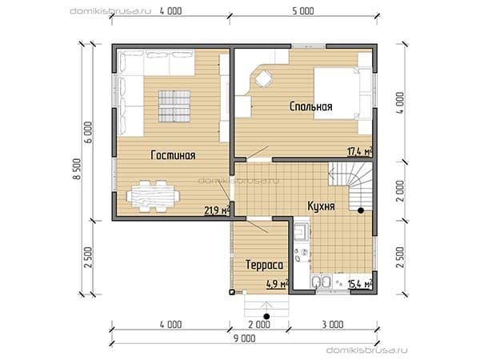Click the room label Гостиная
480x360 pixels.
pyautogui.click(x=173, y=155)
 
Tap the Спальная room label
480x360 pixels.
pyautogui.click(x=310, y=106)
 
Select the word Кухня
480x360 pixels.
pyautogui.click(x=321, y=206)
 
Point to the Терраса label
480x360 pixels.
pyautogui.click(x=265, y=265)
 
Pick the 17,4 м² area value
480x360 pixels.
pyautogui.click(x=360, y=151)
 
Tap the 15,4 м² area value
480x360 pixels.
pyautogui.click(x=360, y=284)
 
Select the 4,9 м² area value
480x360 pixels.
pyautogui.click(x=278, y=284)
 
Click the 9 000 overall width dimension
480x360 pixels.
pyautogui.click(x=244, y=338)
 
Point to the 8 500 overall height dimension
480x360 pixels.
pyautogui.click(x=78, y=169)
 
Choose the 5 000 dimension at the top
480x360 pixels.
pyautogui.click(x=303, y=11)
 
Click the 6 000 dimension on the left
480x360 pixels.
pyautogui.click(x=88, y=132)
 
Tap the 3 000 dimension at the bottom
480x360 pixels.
pyautogui.click(x=333, y=324)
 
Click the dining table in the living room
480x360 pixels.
pyautogui.click(x=153, y=196)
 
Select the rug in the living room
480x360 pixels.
pyautogui.click(x=174, y=106)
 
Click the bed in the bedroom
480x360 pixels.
pyautogui.click(x=338, y=93)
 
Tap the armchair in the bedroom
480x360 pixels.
pyautogui.click(x=263, y=78)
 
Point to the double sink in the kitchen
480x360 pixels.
pyautogui.click(x=321, y=282)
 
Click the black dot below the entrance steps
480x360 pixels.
pyautogui.click(x=266, y=316)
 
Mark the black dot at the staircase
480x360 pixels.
pyautogui.click(x=361, y=210)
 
